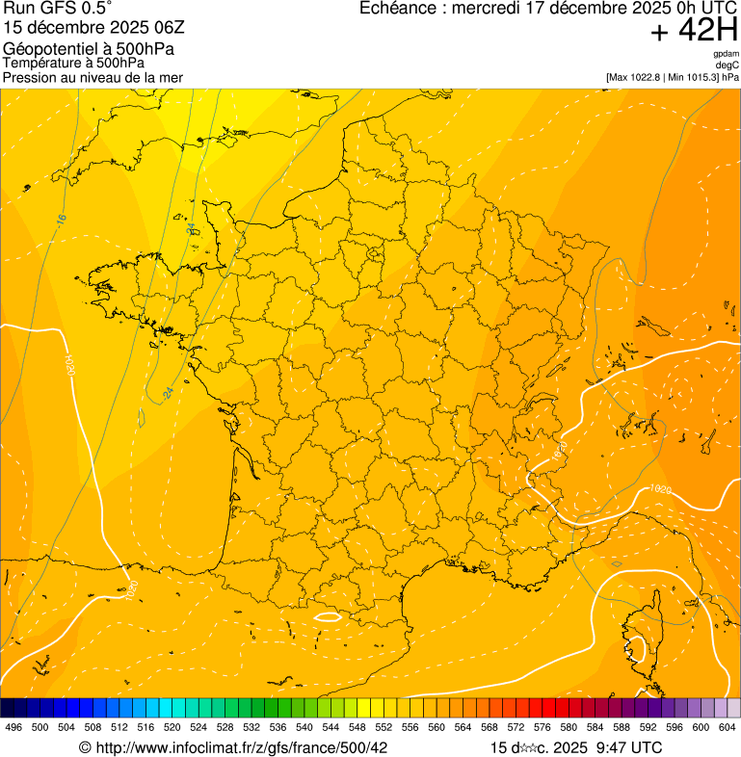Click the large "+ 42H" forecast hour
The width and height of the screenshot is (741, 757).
pyautogui.click(x=693, y=31)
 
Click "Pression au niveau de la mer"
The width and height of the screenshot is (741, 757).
pyautogui.click(x=93, y=77)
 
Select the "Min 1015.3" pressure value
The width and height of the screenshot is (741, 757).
pyautogui.click(x=694, y=77)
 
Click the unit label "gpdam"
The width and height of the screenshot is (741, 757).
pyautogui.click(x=727, y=54)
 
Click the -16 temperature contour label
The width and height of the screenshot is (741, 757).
pyautogui.click(x=62, y=220)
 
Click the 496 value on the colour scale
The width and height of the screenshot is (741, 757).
pyautogui.click(x=13, y=728)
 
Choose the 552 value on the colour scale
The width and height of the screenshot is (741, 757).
pyautogui.click(x=384, y=728)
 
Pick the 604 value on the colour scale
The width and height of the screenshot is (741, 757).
pyautogui.click(x=727, y=728)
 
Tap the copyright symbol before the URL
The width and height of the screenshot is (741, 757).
pyautogui.click(x=85, y=747)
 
